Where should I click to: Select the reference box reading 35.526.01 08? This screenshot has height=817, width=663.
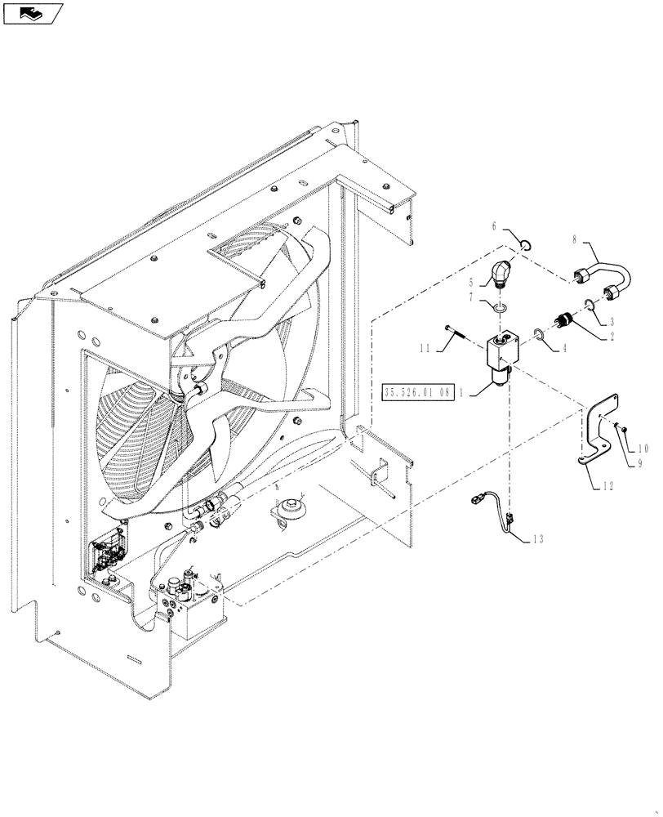tap(418, 393)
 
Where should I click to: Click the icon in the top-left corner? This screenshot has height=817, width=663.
tap(33, 12)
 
